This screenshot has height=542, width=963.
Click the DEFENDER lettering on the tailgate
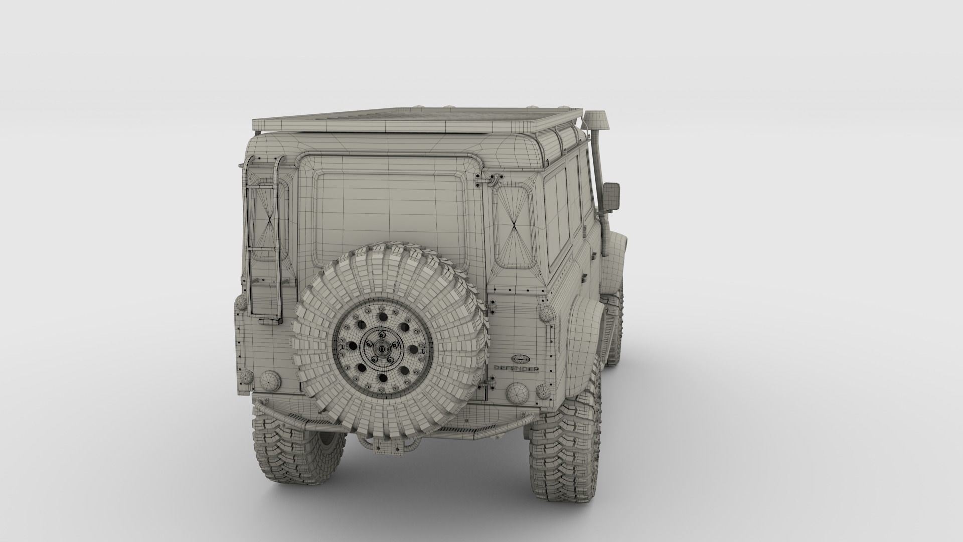click(x=517, y=368)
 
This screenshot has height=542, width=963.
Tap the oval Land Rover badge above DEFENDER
click(x=520, y=359)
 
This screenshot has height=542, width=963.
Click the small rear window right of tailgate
click(x=513, y=225)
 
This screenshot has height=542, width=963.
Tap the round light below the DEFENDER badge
click(x=516, y=391)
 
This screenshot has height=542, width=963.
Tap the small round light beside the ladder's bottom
click(x=241, y=304)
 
